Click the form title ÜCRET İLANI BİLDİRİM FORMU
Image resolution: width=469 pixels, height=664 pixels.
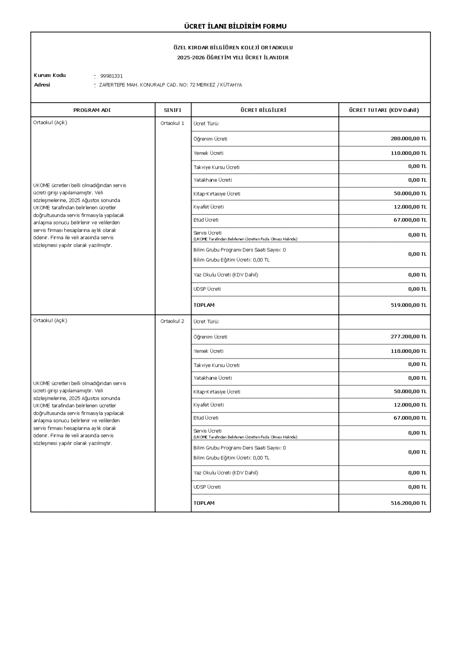tap(235, 26)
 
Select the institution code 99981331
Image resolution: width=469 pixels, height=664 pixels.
tap(111, 76)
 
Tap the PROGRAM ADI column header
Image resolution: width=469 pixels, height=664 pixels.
tap(92, 110)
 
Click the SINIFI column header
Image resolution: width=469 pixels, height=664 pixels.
tap(172, 110)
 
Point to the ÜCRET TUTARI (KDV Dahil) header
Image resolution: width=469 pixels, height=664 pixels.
tap(384, 110)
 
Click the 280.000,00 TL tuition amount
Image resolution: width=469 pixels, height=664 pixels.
tap(408, 139)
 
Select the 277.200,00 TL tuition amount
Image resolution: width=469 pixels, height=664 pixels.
tap(408, 337)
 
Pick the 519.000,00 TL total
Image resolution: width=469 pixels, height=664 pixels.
tap(408, 305)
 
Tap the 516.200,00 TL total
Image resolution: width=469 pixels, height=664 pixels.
tap(408, 503)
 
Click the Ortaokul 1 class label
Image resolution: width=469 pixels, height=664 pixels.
tap(172, 123)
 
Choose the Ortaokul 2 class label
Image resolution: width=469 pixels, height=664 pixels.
tap(172, 321)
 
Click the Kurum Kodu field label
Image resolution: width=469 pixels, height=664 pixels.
tap(50, 75)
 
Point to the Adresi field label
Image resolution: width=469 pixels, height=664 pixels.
tap(42, 85)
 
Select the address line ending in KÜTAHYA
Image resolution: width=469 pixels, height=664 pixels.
tap(170, 85)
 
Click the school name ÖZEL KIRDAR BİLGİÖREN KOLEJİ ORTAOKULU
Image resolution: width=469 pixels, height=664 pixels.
tap(233, 48)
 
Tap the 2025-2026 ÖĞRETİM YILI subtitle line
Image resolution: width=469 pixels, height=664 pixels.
tap(233, 58)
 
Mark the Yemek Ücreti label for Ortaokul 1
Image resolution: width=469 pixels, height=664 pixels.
tap(208, 153)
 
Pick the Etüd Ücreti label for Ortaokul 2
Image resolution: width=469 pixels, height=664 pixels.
tap(206, 418)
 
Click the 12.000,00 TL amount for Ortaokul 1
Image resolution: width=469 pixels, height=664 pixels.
tap(410, 207)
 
